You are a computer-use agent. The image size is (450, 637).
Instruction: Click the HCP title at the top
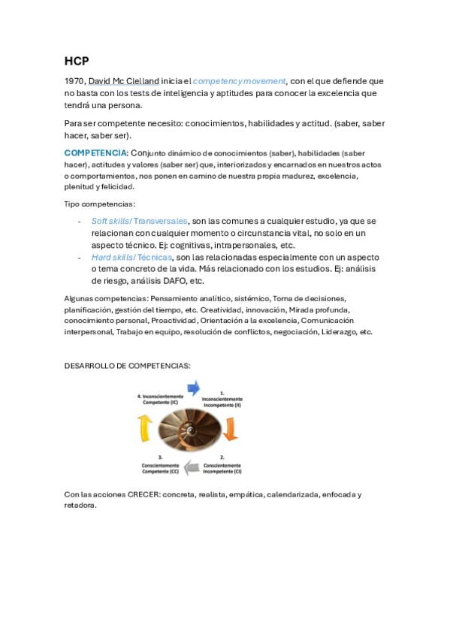point(76,61)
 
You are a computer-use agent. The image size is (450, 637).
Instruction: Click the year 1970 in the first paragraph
point(74,81)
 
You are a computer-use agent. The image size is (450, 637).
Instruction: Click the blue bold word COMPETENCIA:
point(96,153)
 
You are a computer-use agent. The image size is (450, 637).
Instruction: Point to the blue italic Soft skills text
point(110,221)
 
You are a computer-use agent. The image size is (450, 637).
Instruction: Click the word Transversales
point(160,221)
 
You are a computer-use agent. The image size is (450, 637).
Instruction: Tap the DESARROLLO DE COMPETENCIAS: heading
point(127,366)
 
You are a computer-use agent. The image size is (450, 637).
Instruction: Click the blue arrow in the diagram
point(193,388)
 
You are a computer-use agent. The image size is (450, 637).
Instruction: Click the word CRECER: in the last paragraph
point(143,494)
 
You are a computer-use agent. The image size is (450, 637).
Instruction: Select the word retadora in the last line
point(80,506)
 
